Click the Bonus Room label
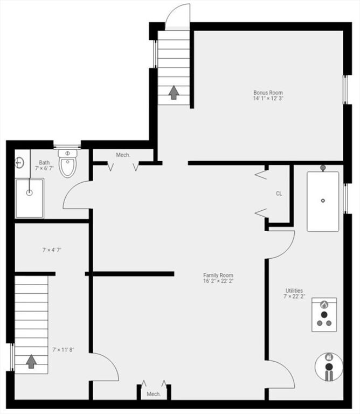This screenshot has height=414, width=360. point(268,93)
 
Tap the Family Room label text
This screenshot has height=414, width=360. point(218,275)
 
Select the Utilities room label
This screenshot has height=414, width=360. point(294,291)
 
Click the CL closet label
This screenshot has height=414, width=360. point(279,194)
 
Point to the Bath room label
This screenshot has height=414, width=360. point(44,163)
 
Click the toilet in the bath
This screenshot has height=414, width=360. point(67,163)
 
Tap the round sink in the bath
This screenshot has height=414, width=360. point(19,163)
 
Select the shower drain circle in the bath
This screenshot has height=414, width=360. point(29,193)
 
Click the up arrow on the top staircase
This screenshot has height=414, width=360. point(174,92)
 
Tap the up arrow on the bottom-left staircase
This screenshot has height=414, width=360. point(31,362)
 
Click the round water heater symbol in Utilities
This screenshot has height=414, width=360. point(329,367)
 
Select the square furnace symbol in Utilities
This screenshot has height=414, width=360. point(324,315)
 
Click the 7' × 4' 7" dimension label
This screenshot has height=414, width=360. point(52,250)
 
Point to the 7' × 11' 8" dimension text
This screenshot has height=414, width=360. point(63,350)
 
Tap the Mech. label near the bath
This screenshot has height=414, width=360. point(123,155)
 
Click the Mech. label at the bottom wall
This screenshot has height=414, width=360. point(154,394)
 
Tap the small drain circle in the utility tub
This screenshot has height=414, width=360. point(323,201)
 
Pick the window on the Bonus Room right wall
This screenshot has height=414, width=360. point(345,90)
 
